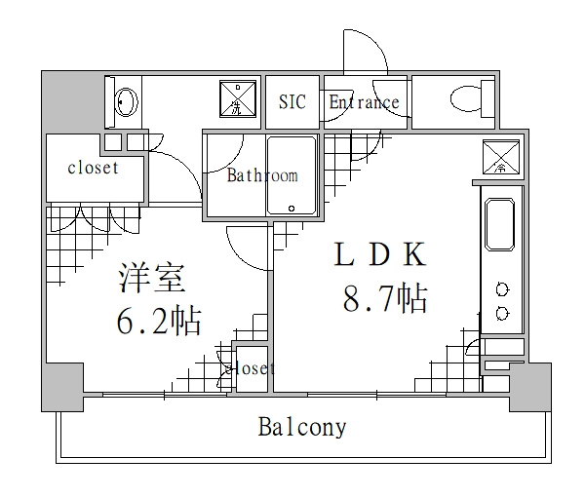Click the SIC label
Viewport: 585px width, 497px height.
click(292, 101)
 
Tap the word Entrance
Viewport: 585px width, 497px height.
click(364, 101)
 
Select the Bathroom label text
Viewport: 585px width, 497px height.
click(262, 175)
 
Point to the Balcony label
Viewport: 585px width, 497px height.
click(302, 427)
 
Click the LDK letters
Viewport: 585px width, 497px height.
click(379, 254)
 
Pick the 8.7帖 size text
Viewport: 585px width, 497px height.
click(385, 299)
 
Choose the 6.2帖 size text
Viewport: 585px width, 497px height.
click(159, 321)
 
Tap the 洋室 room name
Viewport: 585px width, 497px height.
click(152, 278)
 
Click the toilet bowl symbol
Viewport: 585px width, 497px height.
click(466, 99)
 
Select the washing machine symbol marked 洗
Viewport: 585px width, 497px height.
click(238, 98)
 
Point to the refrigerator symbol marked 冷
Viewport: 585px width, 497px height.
click(501, 157)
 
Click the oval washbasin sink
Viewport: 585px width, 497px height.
click(127, 101)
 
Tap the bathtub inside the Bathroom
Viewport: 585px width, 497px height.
click(292, 175)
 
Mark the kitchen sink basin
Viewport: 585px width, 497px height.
click(499, 224)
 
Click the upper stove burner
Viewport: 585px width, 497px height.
click(502, 289)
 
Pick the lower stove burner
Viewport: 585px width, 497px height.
click(502, 313)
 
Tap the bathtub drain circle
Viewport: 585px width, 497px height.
click(292, 209)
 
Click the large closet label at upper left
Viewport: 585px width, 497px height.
click(93, 168)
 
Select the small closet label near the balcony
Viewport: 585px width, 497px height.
click(250, 368)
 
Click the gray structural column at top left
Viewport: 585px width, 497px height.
click(72, 101)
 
